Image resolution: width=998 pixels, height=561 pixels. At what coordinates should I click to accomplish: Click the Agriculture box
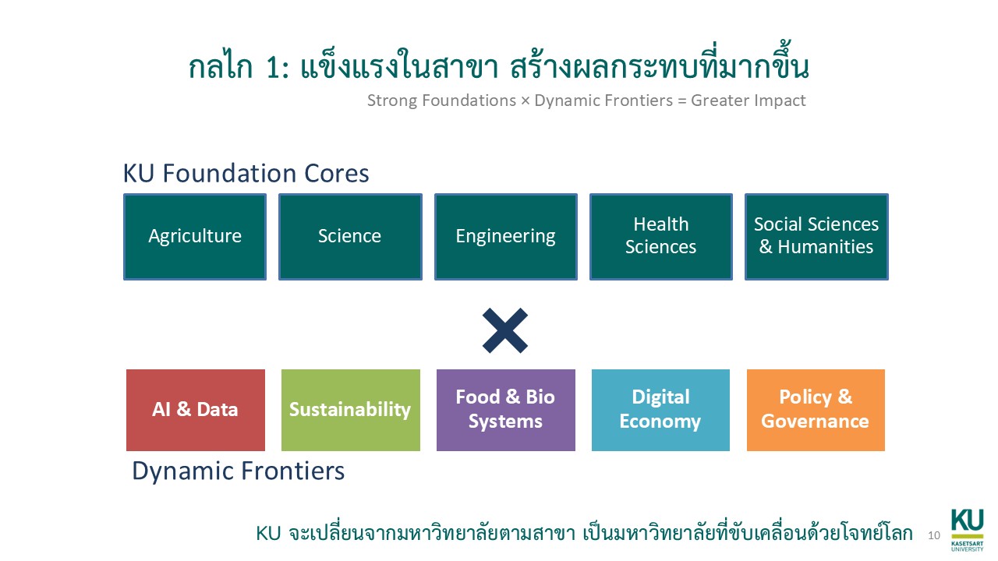[195, 237]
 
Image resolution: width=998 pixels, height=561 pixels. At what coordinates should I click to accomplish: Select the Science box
[350, 237]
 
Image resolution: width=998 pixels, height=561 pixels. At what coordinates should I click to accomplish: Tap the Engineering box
[505, 237]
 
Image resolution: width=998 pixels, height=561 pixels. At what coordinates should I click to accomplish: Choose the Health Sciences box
[660, 237]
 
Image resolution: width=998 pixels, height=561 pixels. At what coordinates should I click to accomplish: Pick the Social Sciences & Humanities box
[816, 237]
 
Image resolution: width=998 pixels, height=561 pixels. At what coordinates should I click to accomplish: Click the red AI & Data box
[195, 410]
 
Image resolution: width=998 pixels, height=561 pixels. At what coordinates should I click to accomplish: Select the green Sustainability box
[350, 410]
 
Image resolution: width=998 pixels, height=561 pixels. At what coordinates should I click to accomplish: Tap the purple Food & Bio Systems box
[505, 410]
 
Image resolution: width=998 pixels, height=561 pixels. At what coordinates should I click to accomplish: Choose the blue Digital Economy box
[660, 410]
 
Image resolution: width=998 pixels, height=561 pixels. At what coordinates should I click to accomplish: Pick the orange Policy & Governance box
[816, 410]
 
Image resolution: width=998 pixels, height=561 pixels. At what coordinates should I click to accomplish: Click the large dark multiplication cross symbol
[505, 331]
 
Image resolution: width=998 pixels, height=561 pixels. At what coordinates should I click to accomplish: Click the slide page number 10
[934, 535]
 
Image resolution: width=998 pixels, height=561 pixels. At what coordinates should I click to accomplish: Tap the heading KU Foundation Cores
[246, 174]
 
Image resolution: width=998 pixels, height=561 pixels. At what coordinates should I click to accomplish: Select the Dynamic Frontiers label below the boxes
[238, 471]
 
